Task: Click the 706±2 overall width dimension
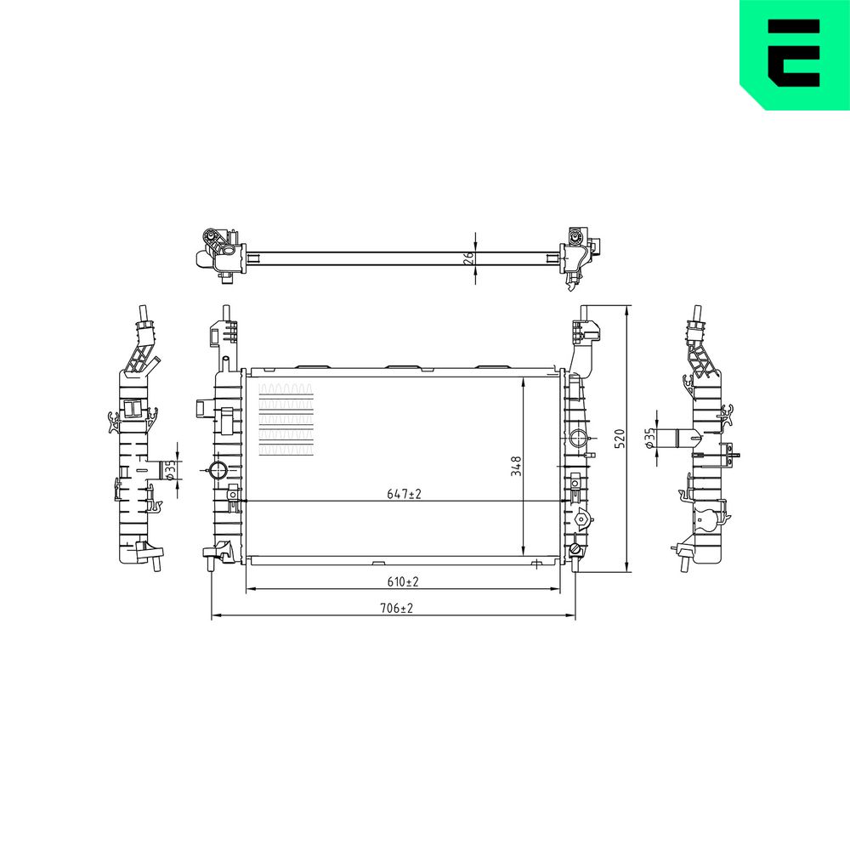(x=396, y=609)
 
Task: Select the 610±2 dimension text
(x=403, y=581)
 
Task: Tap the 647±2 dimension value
(x=404, y=494)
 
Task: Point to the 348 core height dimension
(x=516, y=466)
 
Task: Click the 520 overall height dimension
(x=620, y=438)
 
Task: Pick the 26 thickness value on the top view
(x=469, y=258)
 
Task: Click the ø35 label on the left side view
(x=170, y=469)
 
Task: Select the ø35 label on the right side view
(x=649, y=437)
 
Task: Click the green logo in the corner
(x=795, y=54)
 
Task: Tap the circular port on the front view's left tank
(x=218, y=470)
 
